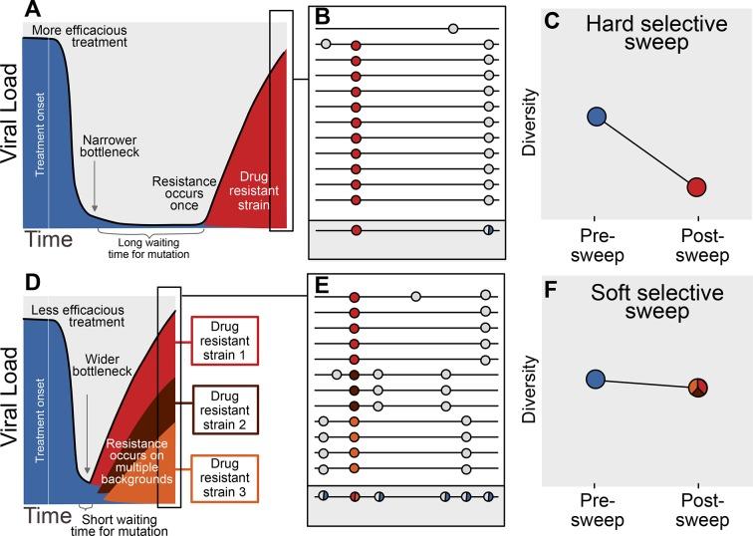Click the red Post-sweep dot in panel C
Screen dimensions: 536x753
tap(696, 186)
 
